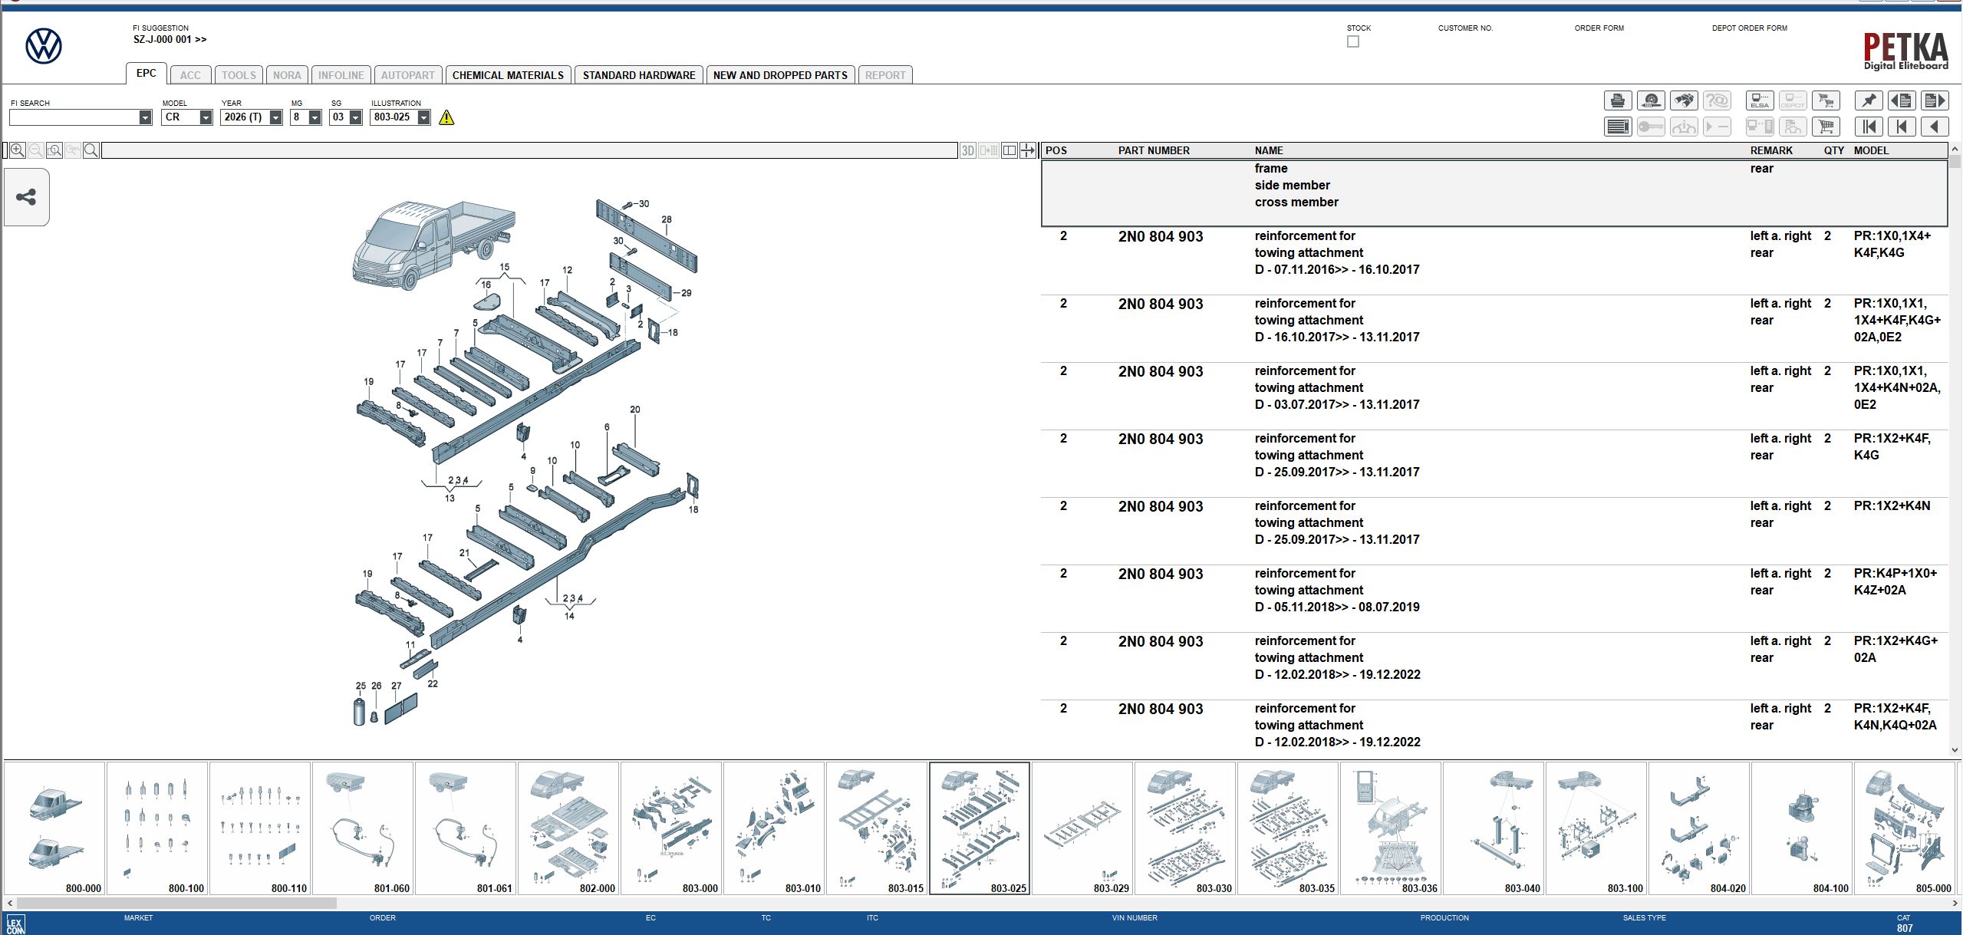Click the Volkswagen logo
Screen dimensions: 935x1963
pos(44,46)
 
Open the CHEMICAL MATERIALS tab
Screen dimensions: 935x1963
pos(508,75)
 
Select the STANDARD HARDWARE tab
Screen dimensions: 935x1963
pos(638,75)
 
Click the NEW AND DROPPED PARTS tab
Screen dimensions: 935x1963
pos(779,75)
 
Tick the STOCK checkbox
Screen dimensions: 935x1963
pos(1353,41)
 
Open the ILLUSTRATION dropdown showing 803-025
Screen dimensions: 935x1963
pos(423,117)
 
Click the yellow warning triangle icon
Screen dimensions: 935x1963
pos(446,117)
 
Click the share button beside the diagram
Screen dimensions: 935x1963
pos(26,197)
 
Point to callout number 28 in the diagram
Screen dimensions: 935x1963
pos(667,219)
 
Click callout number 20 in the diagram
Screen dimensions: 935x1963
pos(634,410)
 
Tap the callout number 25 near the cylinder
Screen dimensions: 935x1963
pos(361,686)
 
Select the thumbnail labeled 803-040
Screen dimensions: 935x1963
pos(1493,828)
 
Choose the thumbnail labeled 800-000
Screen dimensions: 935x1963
pos(54,828)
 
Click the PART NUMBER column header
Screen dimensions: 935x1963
pos(1153,150)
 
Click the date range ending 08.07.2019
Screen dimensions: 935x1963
pos(1337,607)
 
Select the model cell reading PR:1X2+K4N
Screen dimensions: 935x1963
pos(1891,505)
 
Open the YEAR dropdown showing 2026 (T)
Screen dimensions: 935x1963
pos(275,117)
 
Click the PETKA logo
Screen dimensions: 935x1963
pos(1905,51)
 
